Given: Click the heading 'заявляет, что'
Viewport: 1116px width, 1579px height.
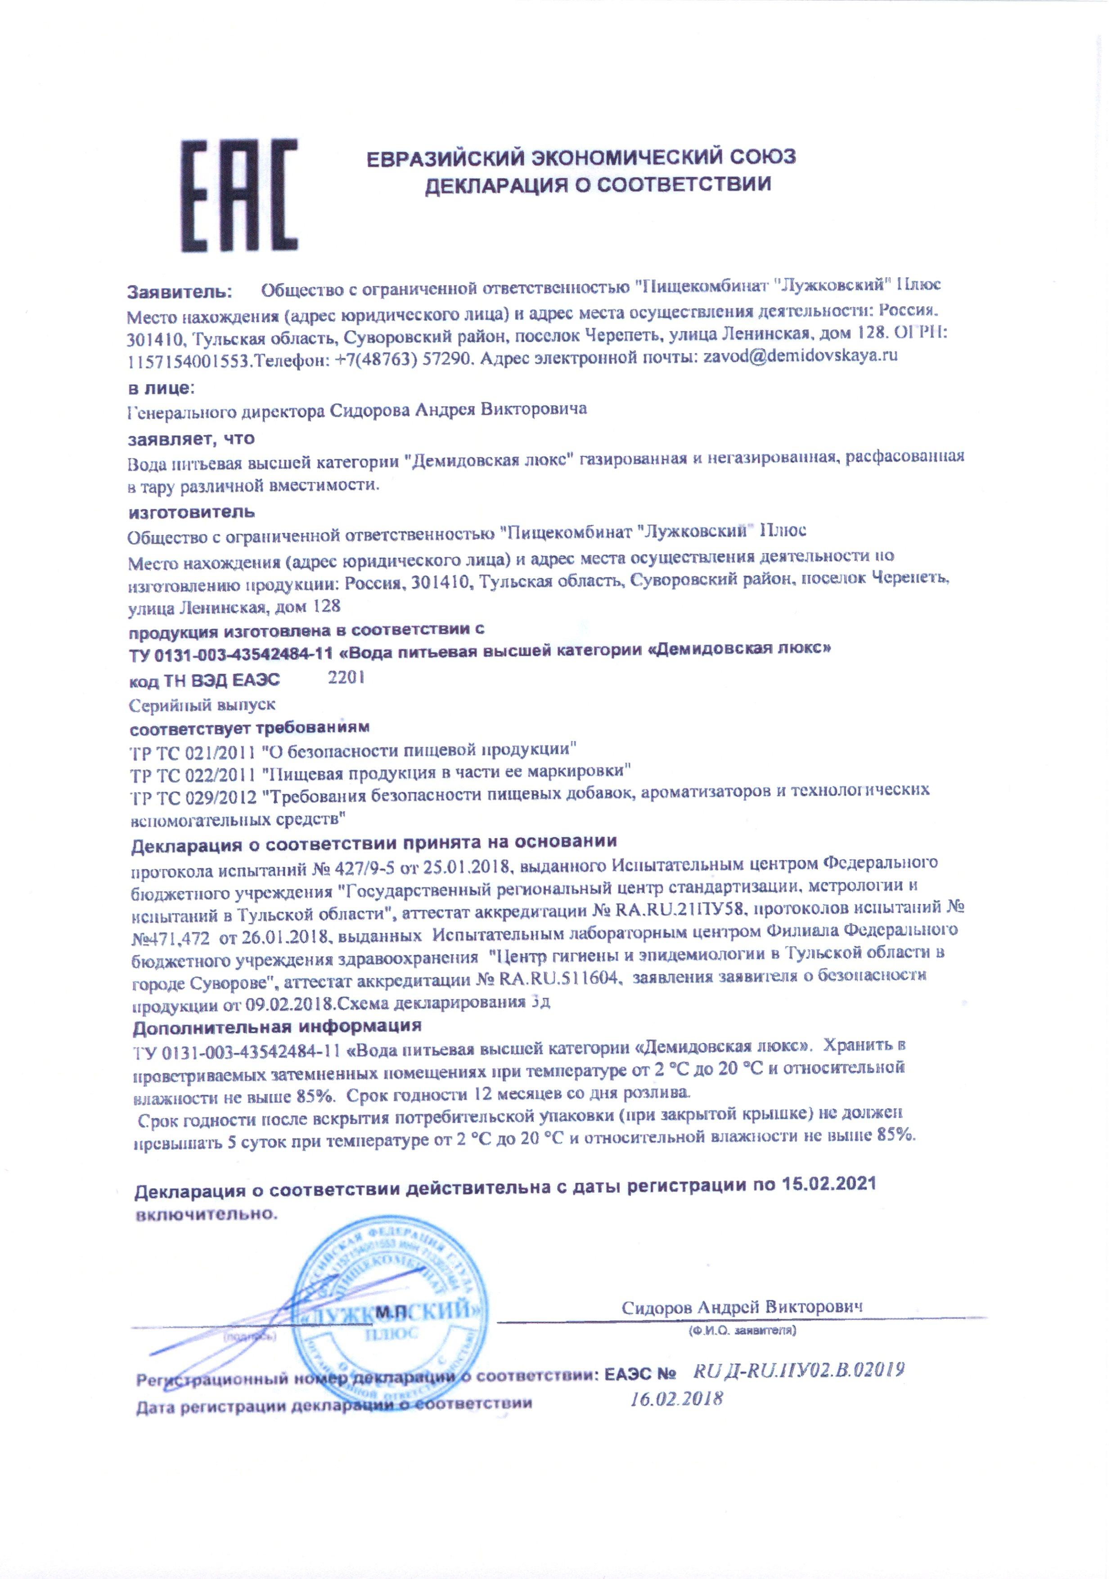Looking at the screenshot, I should pyautogui.click(x=192, y=438).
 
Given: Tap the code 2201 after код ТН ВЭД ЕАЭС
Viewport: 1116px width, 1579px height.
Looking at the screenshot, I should pyautogui.click(x=346, y=677).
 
